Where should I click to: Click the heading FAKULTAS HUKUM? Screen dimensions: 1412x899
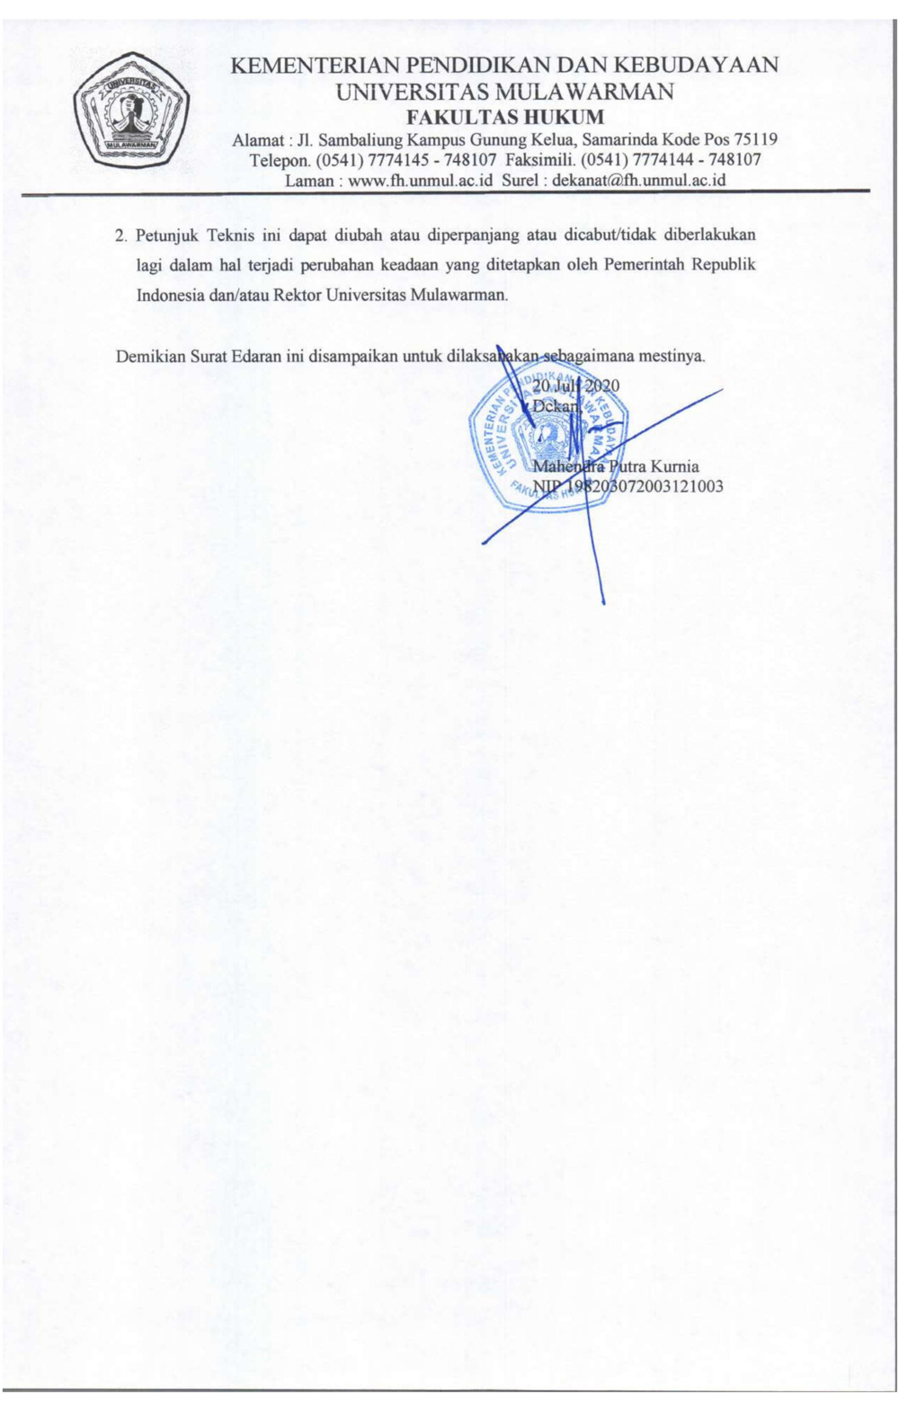505,117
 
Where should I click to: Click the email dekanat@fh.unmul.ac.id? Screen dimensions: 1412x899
639,180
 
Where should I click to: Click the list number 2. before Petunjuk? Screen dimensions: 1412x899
121,236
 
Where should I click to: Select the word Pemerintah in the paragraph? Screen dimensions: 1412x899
643,265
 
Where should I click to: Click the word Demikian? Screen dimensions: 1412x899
150,356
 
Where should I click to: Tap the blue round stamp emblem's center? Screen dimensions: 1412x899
548,439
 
